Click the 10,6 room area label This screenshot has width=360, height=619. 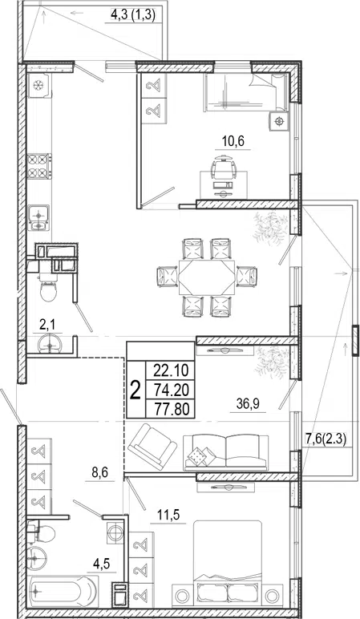233,140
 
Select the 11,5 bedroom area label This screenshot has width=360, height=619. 168,515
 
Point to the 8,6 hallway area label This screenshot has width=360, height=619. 99,472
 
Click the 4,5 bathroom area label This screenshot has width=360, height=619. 102,564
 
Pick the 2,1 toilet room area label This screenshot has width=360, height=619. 47,325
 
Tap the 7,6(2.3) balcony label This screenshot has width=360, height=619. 326,439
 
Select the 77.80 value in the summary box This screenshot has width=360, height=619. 172,408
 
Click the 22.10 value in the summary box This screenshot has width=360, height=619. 172,370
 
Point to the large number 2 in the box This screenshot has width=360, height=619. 136,390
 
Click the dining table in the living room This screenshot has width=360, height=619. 206,277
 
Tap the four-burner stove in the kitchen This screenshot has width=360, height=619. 39,166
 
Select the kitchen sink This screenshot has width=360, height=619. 38,217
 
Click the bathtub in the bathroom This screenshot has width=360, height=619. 63,591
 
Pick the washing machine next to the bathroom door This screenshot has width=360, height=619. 115,533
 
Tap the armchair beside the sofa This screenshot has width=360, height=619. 152,446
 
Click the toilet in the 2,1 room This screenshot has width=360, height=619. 49,287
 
